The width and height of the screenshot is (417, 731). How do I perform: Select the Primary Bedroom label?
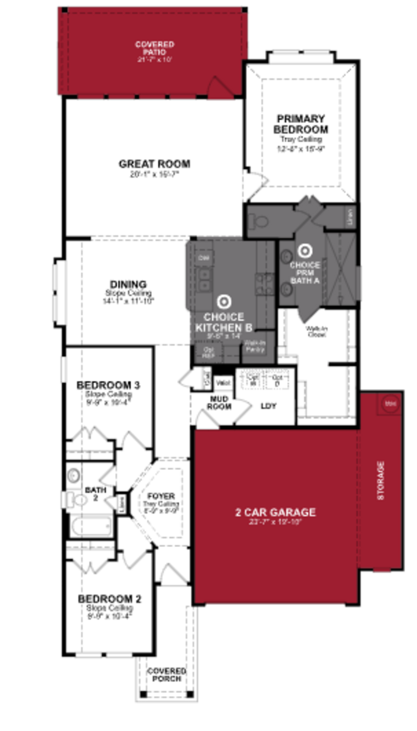pos(301,124)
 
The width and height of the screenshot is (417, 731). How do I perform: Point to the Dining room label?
pos(128,284)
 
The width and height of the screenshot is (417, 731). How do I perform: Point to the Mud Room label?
pos(219,402)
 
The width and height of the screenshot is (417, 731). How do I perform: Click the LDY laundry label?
pos(268,406)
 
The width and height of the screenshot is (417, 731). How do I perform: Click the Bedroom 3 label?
pos(108,385)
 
